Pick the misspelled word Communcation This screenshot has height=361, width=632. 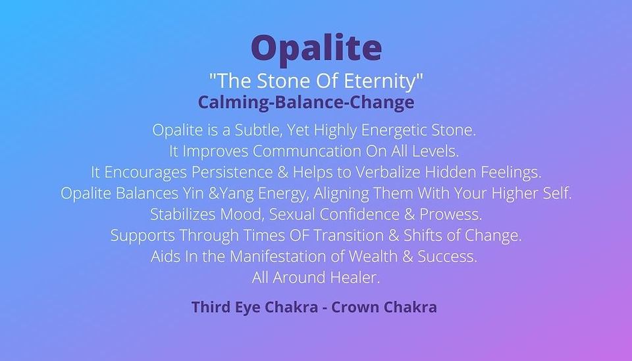click(x=307, y=151)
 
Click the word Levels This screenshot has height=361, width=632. click(x=435, y=151)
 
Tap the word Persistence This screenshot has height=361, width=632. click(x=232, y=172)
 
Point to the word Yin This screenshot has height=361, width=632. click(x=193, y=193)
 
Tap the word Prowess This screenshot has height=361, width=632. click(x=450, y=214)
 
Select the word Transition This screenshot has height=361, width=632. click(x=348, y=235)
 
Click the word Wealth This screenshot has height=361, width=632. click(x=373, y=256)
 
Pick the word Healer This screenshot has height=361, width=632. click(x=355, y=277)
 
